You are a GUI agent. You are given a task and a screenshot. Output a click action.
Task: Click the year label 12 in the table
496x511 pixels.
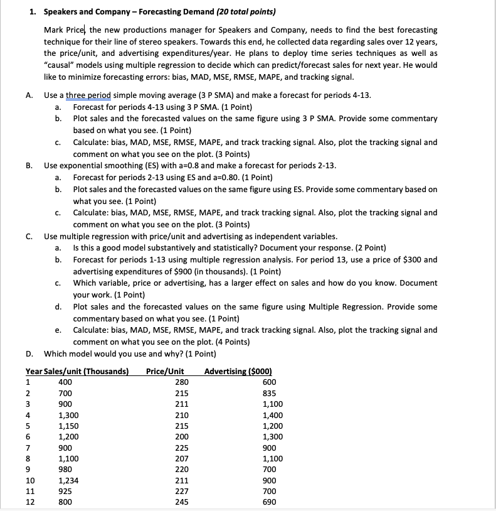[29, 502]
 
